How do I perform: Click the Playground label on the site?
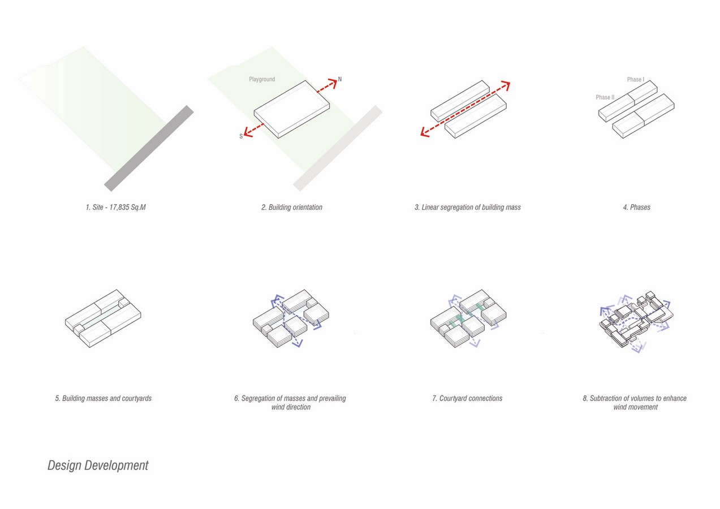pyautogui.click(x=262, y=79)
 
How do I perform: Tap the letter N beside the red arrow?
pyautogui.click(x=340, y=79)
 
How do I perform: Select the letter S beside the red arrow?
pyautogui.click(x=241, y=136)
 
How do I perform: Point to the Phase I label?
pyautogui.click(x=636, y=79)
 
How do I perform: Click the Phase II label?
pyautogui.click(x=605, y=97)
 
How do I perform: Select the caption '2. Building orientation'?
pyautogui.click(x=291, y=207)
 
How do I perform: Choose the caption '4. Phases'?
pyautogui.click(x=636, y=207)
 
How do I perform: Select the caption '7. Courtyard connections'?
pyautogui.click(x=467, y=399)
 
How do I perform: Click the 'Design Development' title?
pyautogui.click(x=98, y=465)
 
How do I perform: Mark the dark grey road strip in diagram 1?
pyautogui.click(x=149, y=148)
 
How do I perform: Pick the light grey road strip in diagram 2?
pyautogui.click(x=338, y=148)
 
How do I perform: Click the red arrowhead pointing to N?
pyautogui.click(x=333, y=83)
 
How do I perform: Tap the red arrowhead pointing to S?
pyautogui.click(x=248, y=132)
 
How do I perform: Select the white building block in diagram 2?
pyautogui.click(x=292, y=109)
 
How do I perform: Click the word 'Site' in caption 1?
pyautogui.click(x=98, y=207)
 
